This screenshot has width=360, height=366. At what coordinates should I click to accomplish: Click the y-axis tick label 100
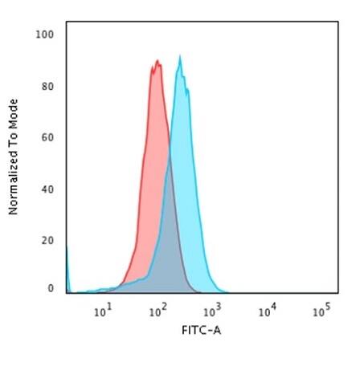coord(46,35)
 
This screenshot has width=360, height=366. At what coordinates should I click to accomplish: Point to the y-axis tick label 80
coord(48,87)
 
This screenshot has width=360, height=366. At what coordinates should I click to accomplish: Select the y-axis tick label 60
coord(48,138)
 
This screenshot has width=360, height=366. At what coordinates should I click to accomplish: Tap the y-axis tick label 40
coord(48,189)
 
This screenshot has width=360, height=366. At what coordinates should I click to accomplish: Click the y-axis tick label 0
coord(51,287)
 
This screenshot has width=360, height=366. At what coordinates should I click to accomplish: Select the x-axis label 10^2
coord(157,309)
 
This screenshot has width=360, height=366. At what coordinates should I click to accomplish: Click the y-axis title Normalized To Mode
coord(14,157)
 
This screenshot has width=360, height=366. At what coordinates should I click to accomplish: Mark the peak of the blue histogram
coord(180,57)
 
